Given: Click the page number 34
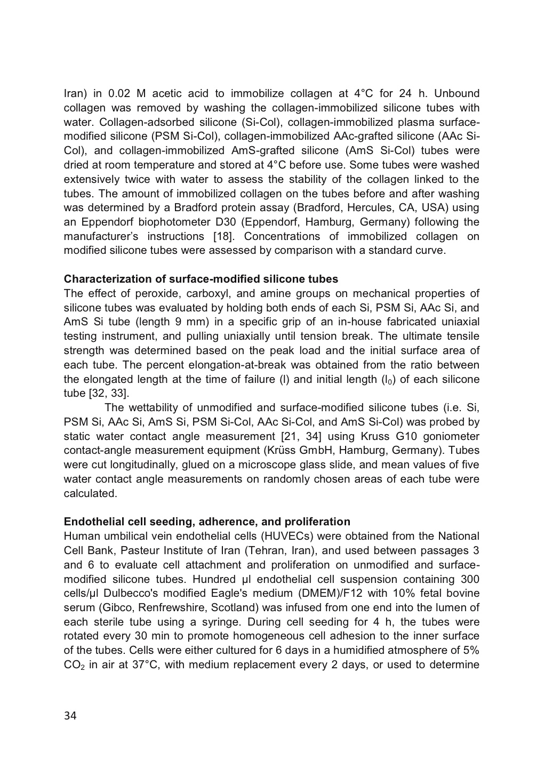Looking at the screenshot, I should [x=70, y=716].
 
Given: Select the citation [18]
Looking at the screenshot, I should [x=223, y=236].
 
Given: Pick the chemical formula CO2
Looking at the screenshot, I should [x=73, y=665].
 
